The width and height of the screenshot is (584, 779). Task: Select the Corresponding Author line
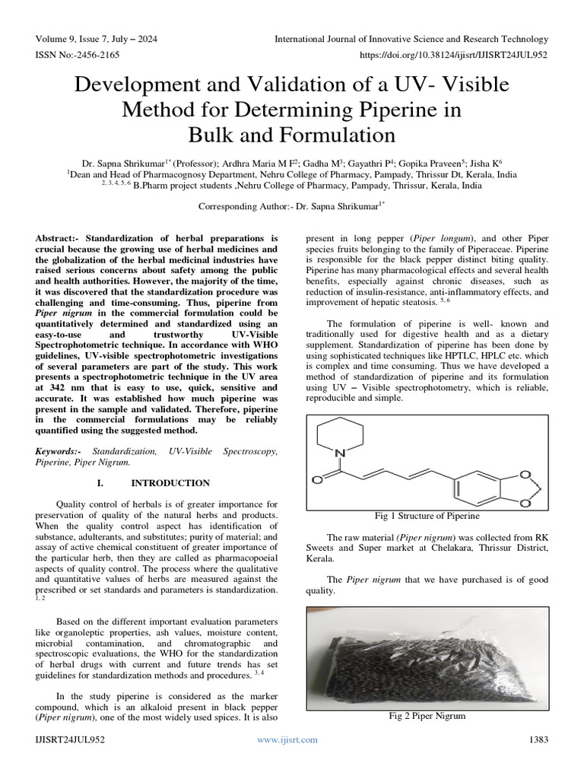[291, 206]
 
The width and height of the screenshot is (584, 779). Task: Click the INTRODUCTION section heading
[170, 483]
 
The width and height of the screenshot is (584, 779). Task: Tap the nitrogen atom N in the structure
[341, 455]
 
